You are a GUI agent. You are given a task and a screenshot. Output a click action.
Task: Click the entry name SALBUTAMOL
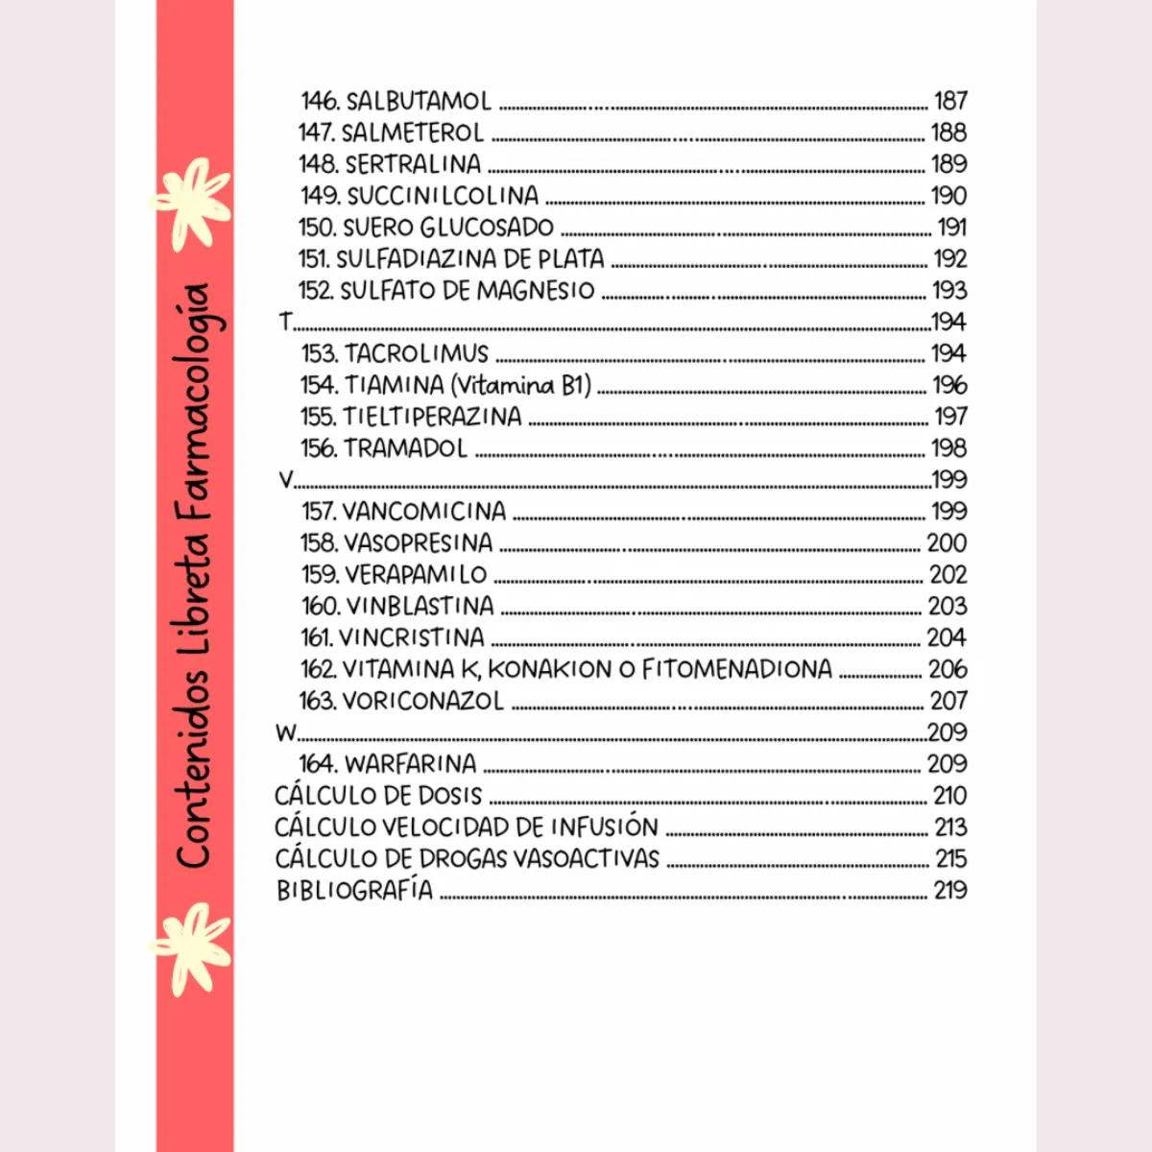tap(419, 101)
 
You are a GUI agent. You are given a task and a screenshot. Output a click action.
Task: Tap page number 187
tap(950, 101)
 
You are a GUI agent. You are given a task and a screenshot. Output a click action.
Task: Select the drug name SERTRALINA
tap(413, 164)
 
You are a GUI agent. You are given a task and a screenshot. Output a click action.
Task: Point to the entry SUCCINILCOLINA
tap(443, 196)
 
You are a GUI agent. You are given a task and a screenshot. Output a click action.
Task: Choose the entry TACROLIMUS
tap(417, 353)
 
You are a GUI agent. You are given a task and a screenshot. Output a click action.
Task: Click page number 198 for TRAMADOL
tap(948, 448)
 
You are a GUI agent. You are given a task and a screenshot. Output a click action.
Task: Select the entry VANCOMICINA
tap(424, 511)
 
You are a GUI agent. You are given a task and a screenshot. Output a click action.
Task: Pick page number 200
tap(947, 542)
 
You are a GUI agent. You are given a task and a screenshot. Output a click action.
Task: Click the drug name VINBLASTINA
tap(420, 606)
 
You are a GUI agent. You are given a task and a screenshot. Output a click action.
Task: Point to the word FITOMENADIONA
tap(736, 669)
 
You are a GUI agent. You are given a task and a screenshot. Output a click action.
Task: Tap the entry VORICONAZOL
tap(422, 701)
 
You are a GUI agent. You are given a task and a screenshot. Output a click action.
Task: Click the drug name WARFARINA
tap(410, 764)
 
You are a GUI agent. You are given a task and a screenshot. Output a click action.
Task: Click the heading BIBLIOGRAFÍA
tap(354, 890)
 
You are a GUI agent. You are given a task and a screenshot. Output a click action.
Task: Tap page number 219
tap(949, 890)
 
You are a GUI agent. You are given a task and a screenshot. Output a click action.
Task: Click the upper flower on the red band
tap(192, 202)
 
